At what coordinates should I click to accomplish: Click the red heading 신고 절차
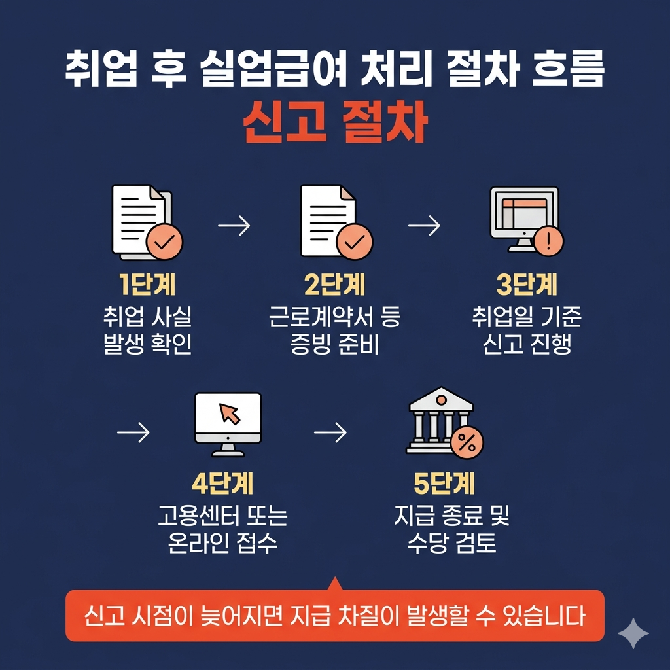[x=335, y=123]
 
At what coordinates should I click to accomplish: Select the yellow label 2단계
[x=335, y=286]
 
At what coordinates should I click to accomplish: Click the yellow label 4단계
[x=222, y=485]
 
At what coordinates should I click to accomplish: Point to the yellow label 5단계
[x=445, y=485]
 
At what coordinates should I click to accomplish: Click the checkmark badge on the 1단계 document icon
[x=164, y=241]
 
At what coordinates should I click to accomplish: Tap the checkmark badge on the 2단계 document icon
[x=353, y=241]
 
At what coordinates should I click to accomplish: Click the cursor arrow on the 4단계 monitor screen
[x=229, y=414]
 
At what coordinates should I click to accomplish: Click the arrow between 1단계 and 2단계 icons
[x=234, y=226]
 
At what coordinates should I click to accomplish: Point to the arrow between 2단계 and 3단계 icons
[x=423, y=226]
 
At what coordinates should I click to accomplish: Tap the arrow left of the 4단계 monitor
[x=133, y=432]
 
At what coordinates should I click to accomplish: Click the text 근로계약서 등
[x=335, y=319]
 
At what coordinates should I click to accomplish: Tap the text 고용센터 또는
[x=222, y=517]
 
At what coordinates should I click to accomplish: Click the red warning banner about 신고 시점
[x=335, y=616]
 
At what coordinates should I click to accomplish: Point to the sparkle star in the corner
[x=633, y=633]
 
